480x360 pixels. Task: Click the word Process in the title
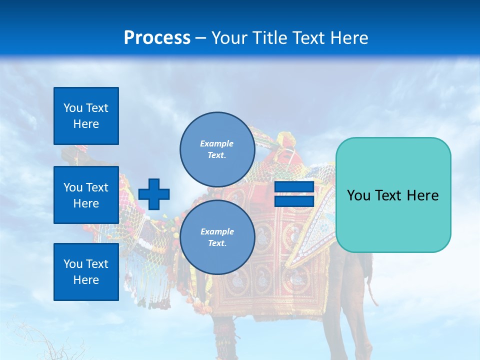coord(157,37)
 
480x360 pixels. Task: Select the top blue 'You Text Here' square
coord(86,116)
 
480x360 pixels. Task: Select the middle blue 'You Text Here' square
coord(86,195)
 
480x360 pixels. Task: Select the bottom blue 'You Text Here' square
coord(86,272)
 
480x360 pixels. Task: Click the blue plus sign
coord(154,194)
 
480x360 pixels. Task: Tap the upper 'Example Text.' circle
coord(217,149)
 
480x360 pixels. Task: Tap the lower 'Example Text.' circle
coord(217,237)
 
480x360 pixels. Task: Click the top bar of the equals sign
coord(294,187)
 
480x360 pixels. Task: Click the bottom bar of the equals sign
coord(294,201)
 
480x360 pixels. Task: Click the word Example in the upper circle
coord(216,143)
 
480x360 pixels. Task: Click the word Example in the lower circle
coord(217,231)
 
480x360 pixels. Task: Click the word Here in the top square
coord(86,124)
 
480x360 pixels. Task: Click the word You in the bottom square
coord(72,264)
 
